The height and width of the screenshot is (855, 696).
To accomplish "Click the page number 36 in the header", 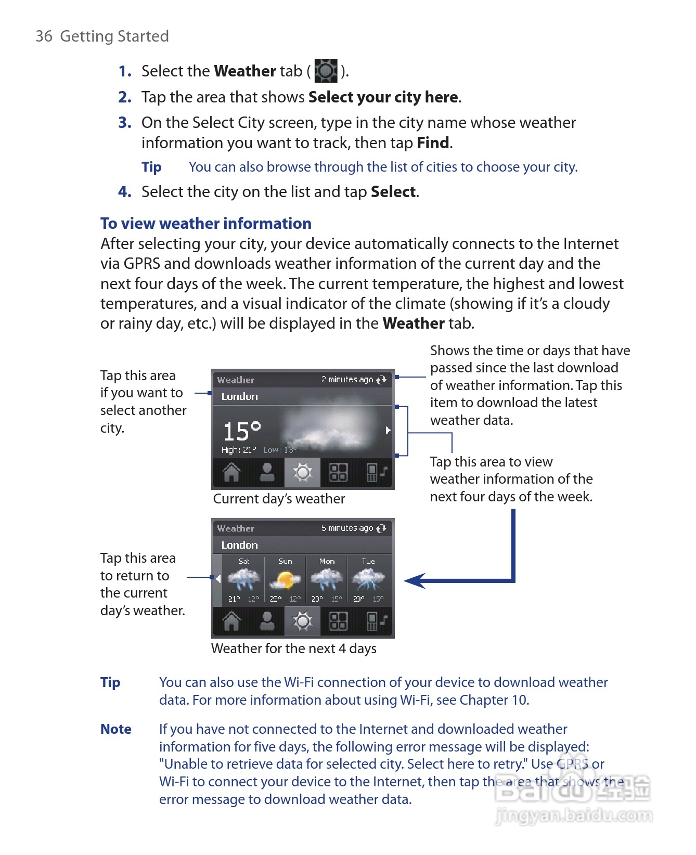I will pyautogui.click(x=44, y=36).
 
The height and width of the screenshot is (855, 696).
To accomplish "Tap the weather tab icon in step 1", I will pyautogui.click(x=326, y=71).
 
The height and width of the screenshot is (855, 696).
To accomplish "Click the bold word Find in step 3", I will pyautogui.click(x=433, y=143).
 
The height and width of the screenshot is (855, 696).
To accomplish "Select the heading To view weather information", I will pyautogui.click(x=205, y=224).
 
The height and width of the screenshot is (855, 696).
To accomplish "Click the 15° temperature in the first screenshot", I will pyautogui.click(x=241, y=431).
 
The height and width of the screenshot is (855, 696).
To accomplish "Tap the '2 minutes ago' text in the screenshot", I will pyautogui.click(x=347, y=380).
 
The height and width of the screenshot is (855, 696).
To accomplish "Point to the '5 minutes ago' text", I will pyautogui.click(x=347, y=528).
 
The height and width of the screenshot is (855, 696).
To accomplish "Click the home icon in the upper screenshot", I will pyautogui.click(x=231, y=473).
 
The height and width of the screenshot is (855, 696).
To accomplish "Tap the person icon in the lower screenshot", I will pyautogui.click(x=267, y=621).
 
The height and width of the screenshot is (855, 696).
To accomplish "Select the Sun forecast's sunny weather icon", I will pyautogui.click(x=286, y=579).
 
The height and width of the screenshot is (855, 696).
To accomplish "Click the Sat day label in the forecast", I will pyautogui.click(x=243, y=561).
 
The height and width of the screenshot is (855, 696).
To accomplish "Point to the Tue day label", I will pyautogui.click(x=368, y=561).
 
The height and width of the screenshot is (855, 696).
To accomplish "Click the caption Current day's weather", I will pyautogui.click(x=279, y=499).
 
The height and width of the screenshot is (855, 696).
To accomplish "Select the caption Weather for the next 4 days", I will pyautogui.click(x=293, y=649).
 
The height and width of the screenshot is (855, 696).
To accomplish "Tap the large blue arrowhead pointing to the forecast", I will pyautogui.click(x=416, y=580).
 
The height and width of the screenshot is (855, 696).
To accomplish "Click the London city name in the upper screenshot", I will pyautogui.click(x=239, y=397).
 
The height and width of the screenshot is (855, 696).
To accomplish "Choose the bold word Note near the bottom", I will pyautogui.click(x=115, y=730).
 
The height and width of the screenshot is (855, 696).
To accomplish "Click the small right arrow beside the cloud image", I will pyautogui.click(x=388, y=430).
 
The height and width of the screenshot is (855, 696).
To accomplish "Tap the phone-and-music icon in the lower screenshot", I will pyautogui.click(x=377, y=621).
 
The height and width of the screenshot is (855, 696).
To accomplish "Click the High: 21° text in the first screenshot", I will pyautogui.click(x=239, y=450).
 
